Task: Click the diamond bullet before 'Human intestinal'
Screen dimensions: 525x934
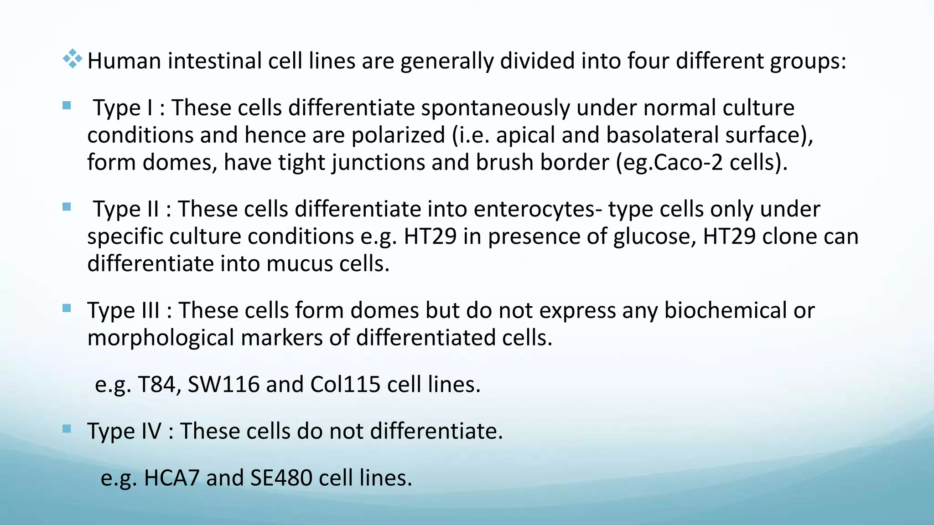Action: click(72, 59)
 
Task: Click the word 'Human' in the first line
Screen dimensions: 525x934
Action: click(124, 61)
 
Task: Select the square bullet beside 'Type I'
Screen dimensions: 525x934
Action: click(67, 106)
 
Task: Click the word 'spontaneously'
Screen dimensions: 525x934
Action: click(495, 108)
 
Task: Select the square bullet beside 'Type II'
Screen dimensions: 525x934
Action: click(67, 207)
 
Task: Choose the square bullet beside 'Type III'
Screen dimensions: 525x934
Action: click(67, 309)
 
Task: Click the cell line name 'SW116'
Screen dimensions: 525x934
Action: click(223, 385)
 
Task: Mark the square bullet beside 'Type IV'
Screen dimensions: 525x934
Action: click(67, 429)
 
